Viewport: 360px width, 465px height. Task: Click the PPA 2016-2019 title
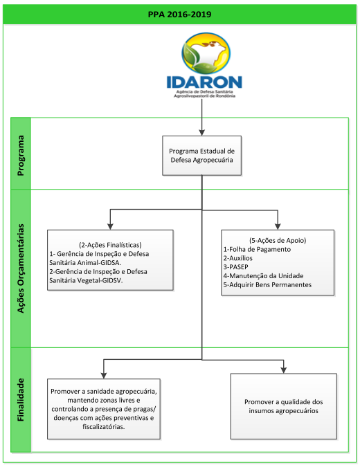(179, 15)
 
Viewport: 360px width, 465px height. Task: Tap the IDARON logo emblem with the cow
(206, 53)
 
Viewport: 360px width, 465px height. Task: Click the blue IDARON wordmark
(204, 82)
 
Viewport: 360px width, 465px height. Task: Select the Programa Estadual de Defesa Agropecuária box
(202, 156)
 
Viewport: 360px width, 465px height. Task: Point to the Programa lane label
(21, 156)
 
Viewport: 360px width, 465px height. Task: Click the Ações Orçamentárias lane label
(21, 268)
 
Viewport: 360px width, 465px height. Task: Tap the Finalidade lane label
(21, 399)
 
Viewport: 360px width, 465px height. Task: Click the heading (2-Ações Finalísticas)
(110, 245)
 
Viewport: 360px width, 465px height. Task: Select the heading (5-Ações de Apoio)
(278, 240)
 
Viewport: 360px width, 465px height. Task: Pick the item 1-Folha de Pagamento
(257, 249)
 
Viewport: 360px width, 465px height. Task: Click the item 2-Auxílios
(238, 258)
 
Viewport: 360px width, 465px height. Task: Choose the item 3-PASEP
(235, 267)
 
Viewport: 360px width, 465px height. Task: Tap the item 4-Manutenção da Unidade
(264, 276)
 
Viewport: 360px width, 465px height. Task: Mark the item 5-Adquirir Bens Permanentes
(267, 284)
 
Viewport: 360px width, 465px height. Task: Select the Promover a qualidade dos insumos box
(284, 406)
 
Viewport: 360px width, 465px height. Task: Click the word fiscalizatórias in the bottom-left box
(104, 427)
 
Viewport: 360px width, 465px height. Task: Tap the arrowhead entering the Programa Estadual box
(202, 133)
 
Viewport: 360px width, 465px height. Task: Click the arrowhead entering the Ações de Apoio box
(278, 226)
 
